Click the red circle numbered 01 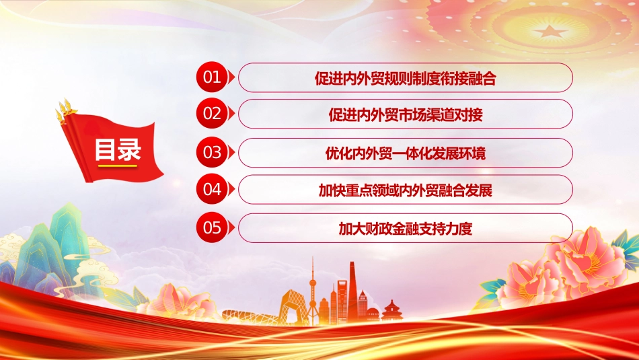click(212, 77)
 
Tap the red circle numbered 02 click(212, 113)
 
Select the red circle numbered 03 click(212, 153)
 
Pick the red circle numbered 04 click(212, 189)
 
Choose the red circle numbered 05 click(212, 227)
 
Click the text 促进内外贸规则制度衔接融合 click(405, 78)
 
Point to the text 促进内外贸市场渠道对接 click(406, 114)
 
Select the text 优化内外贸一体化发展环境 click(406, 153)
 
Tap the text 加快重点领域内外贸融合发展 click(406, 190)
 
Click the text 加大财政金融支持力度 click(406, 229)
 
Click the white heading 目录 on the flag click(118, 149)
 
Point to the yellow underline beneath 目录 click(118, 166)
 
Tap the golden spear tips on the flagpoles click(67, 109)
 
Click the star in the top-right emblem click(550, 32)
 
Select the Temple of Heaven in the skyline click(391, 311)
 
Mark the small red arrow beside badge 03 click(231, 153)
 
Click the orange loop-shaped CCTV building click(292, 307)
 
